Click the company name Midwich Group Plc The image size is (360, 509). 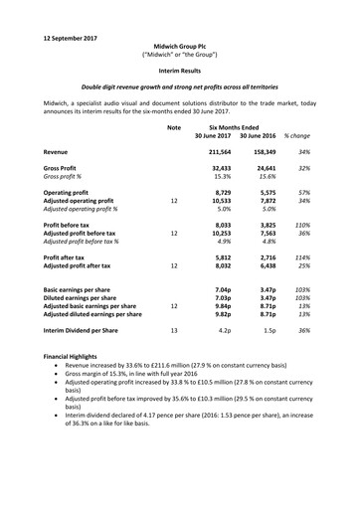coord(179,32)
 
